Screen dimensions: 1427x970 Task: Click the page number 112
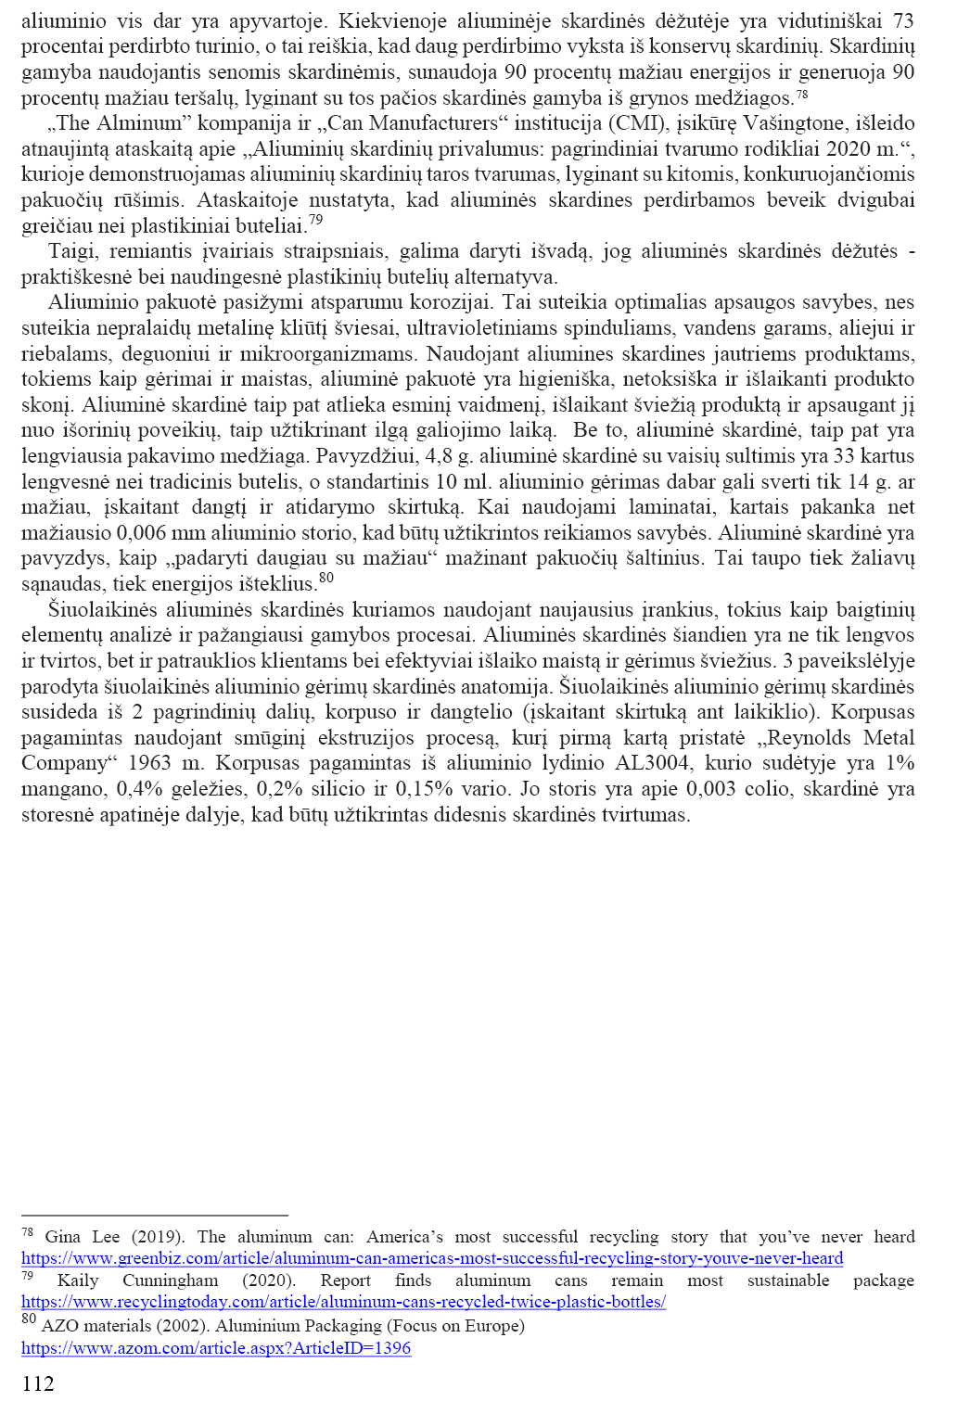tap(38, 1384)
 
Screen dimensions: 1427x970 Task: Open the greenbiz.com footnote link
tap(432, 1258)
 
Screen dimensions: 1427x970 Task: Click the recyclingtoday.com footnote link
tap(343, 1302)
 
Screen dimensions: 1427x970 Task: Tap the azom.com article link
tap(216, 1348)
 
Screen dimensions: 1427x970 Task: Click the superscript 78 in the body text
tap(802, 93)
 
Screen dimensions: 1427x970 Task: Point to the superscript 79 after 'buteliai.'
tap(316, 220)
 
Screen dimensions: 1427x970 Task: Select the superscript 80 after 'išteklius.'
tap(326, 579)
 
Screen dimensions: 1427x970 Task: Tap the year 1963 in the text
tap(152, 763)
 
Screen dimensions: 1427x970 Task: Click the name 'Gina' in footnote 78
tap(63, 1237)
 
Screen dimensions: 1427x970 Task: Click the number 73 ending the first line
tap(902, 20)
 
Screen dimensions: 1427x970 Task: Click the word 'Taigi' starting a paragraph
tap(72, 251)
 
